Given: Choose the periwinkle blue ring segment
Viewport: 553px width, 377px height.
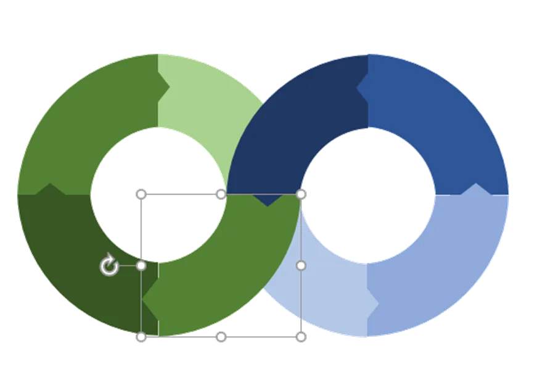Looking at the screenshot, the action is click(x=444, y=271).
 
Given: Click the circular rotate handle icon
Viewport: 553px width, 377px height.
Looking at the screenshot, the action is click(x=109, y=266).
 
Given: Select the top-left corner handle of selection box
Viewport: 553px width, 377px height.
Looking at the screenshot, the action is click(x=141, y=194).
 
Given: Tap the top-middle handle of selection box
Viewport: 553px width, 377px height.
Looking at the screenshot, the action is click(x=221, y=194).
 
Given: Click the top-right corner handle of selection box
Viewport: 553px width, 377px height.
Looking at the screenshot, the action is click(x=301, y=194).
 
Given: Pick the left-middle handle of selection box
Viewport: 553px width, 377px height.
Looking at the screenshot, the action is click(x=141, y=266).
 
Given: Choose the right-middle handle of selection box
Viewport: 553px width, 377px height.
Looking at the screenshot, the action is click(x=301, y=266).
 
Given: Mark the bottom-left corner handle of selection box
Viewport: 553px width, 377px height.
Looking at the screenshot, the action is click(x=141, y=337).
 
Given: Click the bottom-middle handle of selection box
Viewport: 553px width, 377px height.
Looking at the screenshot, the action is click(x=221, y=337).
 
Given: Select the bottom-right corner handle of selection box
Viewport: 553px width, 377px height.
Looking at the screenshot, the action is click(x=301, y=337).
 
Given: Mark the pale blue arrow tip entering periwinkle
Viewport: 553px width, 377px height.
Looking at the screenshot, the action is click(x=374, y=302).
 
